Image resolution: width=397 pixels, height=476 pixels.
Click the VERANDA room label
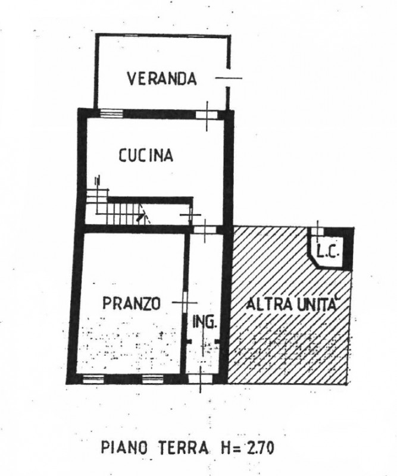pyautogui.click(x=161, y=79)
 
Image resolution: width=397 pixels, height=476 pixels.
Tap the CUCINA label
pyautogui.click(x=145, y=155)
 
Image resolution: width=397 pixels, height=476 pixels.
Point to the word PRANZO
pyautogui.click(x=132, y=303)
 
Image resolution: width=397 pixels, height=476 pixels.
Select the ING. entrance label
pyautogui.click(x=205, y=322)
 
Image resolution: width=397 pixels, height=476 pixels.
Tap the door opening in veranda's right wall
pyautogui.click(x=228, y=78)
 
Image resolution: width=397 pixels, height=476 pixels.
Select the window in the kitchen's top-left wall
pyautogui.click(x=111, y=114)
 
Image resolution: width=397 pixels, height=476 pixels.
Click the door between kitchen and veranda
pyautogui.click(x=207, y=115)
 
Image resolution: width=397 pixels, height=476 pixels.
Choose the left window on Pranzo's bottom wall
pyautogui.click(x=93, y=378)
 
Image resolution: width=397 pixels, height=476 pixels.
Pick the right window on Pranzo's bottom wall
pyautogui.click(x=153, y=378)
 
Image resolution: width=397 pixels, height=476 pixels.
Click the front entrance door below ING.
pyautogui.click(x=199, y=379)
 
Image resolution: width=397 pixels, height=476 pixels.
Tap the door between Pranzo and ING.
pyautogui.click(x=185, y=303)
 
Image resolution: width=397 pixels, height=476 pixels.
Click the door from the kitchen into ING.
pyautogui.click(x=205, y=230)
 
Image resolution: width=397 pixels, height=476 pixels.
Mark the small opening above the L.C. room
pyautogui.click(x=317, y=231)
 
